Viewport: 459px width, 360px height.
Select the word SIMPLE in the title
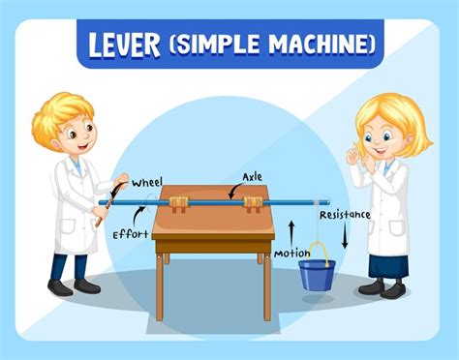[x=223, y=45]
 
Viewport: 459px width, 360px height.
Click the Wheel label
[x=146, y=181]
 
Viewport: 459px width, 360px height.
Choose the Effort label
[x=130, y=233]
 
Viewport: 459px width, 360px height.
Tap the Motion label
[x=291, y=255]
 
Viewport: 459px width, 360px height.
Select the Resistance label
[x=345, y=215]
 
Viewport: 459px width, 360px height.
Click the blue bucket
[x=316, y=274]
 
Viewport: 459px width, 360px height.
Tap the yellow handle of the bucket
[x=319, y=251]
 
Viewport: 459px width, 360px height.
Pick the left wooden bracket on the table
[x=179, y=203]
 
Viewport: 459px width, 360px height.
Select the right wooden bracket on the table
[x=253, y=203]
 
